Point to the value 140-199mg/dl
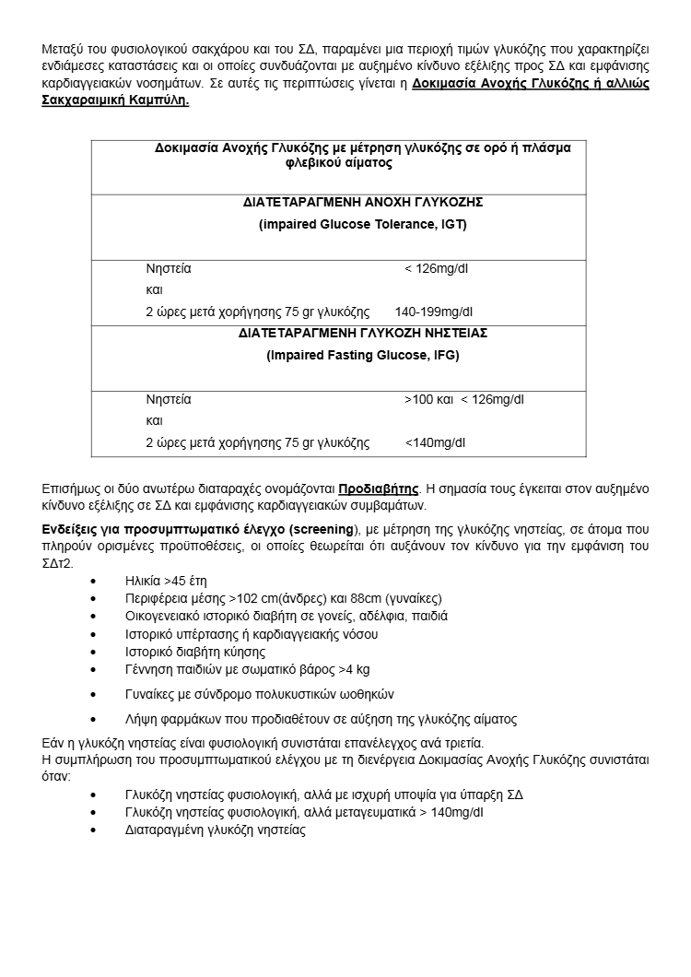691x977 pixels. (x=433, y=312)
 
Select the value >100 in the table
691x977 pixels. (x=419, y=399)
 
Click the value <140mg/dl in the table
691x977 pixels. (x=435, y=442)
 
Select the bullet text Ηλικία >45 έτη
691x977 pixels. (x=166, y=582)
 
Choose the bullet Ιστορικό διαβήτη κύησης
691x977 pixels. (x=191, y=652)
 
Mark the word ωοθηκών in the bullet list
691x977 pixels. (x=369, y=694)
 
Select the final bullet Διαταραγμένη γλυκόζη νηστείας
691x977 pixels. (x=215, y=830)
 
